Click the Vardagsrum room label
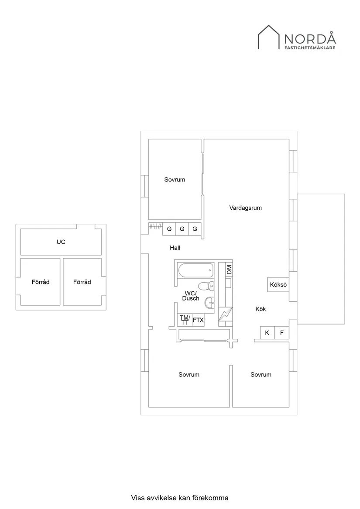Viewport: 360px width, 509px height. pyautogui.click(x=245, y=208)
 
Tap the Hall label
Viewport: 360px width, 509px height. pyautogui.click(x=175, y=248)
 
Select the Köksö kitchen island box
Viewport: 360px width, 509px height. pyautogui.click(x=278, y=285)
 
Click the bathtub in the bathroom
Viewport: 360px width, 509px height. pyautogui.click(x=195, y=270)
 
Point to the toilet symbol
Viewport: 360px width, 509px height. pyautogui.click(x=206, y=286)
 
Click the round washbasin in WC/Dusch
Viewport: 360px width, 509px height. pyautogui.click(x=209, y=303)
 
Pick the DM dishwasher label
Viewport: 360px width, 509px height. pyautogui.click(x=229, y=270)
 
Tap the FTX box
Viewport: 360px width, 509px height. pyautogui.click(x=198, y=320)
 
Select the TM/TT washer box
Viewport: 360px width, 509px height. pyautogui.click(x=185, y=320)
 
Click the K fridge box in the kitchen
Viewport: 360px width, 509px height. pyautogui.click(x=267, y=333)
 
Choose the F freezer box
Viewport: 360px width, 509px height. pyautogui.click(x=282, y=333)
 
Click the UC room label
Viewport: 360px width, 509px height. pyautogui.click(x=61, y=242)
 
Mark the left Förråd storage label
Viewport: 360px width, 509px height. pyautogui.click(x=41, y=282)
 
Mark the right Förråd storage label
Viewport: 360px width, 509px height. pyautogui.click(x=82, y=282)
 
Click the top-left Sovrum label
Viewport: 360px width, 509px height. pyautogui.click(x=175, y=180)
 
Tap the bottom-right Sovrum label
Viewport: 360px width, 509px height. pyautogui.click(x=261, y=375)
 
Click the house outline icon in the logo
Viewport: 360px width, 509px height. pyautogui.click(x=269, y=37)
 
